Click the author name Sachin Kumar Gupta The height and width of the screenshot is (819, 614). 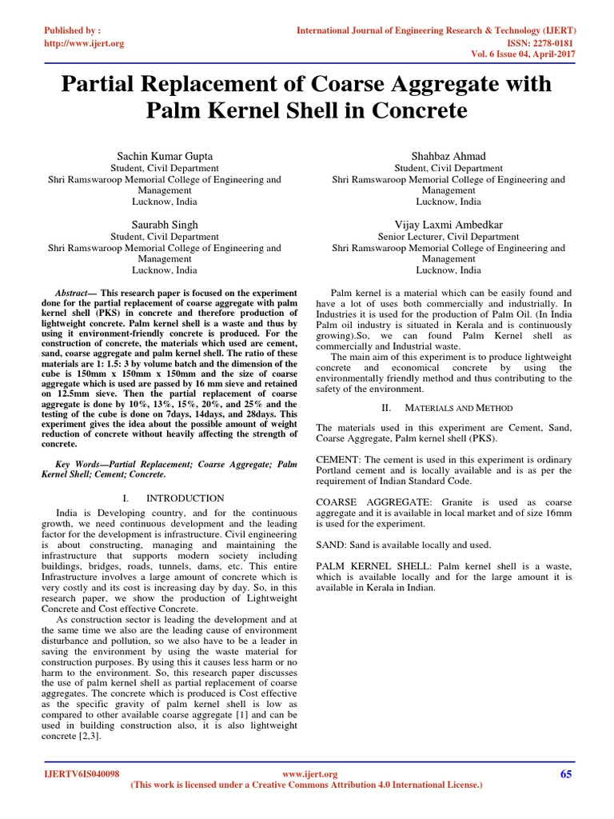pos(165,155)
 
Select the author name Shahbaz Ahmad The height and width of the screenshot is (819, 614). pos(449,155)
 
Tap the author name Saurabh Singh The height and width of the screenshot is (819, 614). pos(165,224)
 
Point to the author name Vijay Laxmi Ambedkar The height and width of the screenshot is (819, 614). pos(449,224)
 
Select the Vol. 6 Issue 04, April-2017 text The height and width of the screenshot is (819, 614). pos(524,54)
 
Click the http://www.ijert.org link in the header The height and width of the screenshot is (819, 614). pos(83,42)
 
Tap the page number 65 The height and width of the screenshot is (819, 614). pos(567,773)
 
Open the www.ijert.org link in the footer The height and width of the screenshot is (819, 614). pos(311,774)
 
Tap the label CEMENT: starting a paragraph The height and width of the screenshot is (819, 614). pos(339,460)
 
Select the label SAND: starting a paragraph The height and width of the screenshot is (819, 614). pos(331,545)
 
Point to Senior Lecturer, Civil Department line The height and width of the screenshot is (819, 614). pos(449,237)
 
